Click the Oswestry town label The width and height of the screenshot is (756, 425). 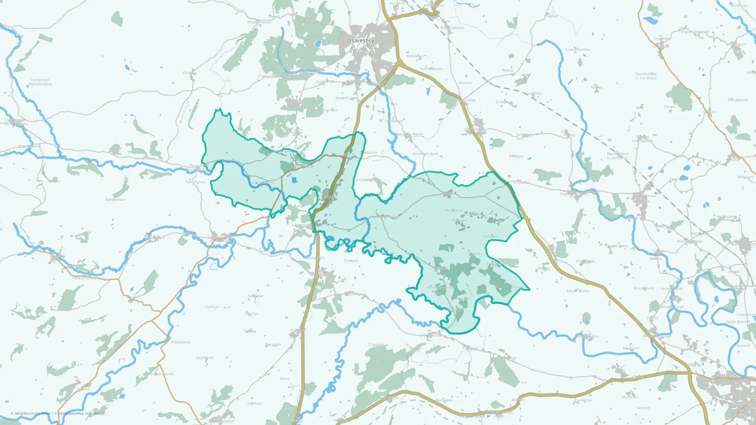pyautogui.click(x=361, y=40)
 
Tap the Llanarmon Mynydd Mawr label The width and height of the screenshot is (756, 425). pyautogui.click(x=40, y=82)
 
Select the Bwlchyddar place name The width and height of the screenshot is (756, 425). pyautogui.click(x=115, y=199)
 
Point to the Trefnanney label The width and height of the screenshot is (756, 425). pyautogui.click(x=181, y=342)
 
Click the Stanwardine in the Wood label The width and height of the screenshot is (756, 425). pyautogui.click(x=646, y=76)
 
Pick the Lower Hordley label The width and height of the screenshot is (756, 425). pyautogui.click(x=578, y=49)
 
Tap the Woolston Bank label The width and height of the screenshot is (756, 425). pyautogui.click(x=425, y=154)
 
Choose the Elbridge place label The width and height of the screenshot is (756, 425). pyautogui.click(x=516, y=156)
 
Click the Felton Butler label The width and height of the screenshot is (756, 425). pyautogui.click(x=578, y=291)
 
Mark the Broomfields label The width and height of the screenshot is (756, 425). pyautogui.click(x=644, y=288)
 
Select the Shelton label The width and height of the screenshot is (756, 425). pyautogui.click(x=727, y=375)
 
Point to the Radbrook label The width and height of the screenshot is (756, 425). pyautogui.click(x=739, y=403)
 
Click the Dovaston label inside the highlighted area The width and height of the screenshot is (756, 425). pyautogui.click(x=473, y=214)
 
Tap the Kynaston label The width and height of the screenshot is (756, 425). pyautogui.click(x=491, y=236)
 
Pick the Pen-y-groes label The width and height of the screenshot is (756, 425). pyautogui.click(x=195, y=182)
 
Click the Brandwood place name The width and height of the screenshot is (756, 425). pyautogui.click(x=737, y=100)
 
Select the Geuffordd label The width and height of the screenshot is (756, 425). pyautogui.click(x=204, y=358)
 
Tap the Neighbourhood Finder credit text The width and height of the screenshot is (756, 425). pyautogui.click(x=33, y=413)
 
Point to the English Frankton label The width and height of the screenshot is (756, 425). pyautogui.click(x=695, y=32)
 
